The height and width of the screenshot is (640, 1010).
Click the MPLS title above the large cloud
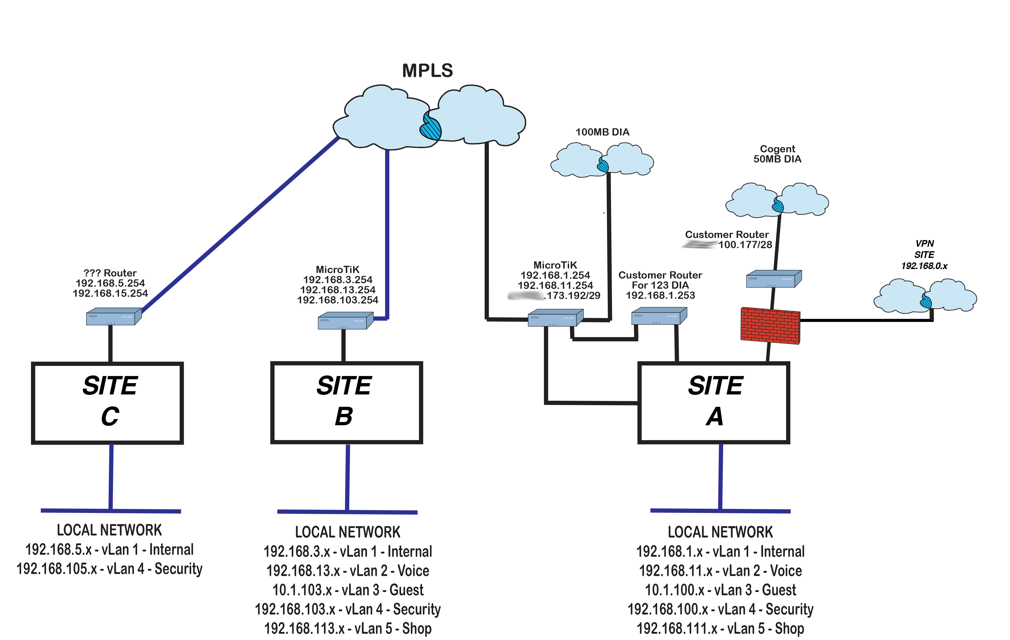click(427, 71)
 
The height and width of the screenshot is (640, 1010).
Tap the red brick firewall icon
click(770, 326)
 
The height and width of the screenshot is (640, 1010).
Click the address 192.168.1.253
click(660, 295)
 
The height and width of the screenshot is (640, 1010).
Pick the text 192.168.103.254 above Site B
click(338, 300)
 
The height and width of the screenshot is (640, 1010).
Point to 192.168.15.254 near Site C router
click(110, 293)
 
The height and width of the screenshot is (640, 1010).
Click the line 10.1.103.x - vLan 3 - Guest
click(348, 590)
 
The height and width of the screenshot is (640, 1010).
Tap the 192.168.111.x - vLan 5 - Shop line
click(720, 628)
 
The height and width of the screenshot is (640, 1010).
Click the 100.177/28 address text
click(745, 245)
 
